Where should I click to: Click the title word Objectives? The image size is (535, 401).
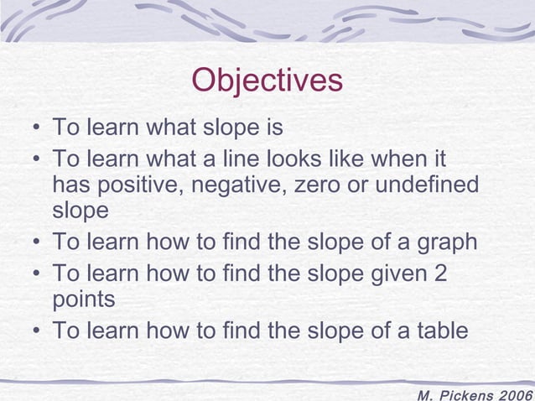tap(267, 81)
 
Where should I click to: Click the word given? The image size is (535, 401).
tap(392, 273)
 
